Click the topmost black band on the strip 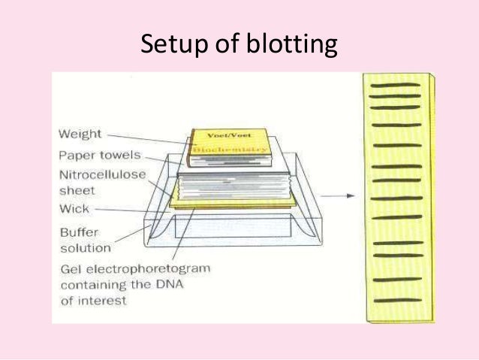(396, 85)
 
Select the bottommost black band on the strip (396, 301)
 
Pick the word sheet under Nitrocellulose (77, 191)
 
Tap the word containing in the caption (96, 285)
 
